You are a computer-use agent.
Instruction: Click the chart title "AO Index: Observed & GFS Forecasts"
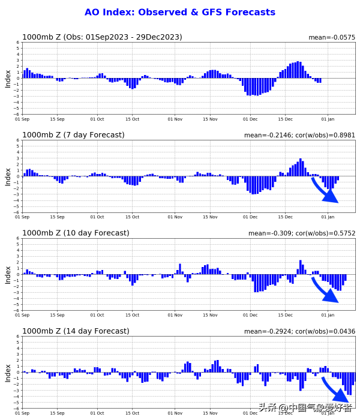(x=180, y=12)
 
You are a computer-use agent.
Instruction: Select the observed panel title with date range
(x=102, y=37)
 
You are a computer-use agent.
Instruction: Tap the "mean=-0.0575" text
(x=332, y=38)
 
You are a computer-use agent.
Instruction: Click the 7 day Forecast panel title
(x=73, y=135)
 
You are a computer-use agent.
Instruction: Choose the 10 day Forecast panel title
(x=76, y=233)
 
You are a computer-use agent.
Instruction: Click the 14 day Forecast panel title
(x=76, y=331)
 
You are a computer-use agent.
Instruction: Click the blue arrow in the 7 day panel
(x=325, y=190)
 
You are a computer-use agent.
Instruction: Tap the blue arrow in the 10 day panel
(x=325, y=290)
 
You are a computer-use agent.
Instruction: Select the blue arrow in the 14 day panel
(x=335, y=390)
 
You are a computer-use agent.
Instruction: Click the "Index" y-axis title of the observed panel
(x=8, y=78)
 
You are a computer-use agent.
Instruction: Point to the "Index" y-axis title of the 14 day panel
(x=8, y=373)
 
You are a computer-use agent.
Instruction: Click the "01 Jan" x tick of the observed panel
(x=328, y=119)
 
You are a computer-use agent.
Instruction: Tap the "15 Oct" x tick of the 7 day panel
(x=132, y=217)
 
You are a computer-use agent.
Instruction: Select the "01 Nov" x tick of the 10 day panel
(x=175, y=315)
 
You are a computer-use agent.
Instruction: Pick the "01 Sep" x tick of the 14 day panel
(x=22, y=413)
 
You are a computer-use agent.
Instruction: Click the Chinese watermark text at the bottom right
(x=305, y=408)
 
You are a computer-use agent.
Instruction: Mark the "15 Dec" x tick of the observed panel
(x=284, y=119)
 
